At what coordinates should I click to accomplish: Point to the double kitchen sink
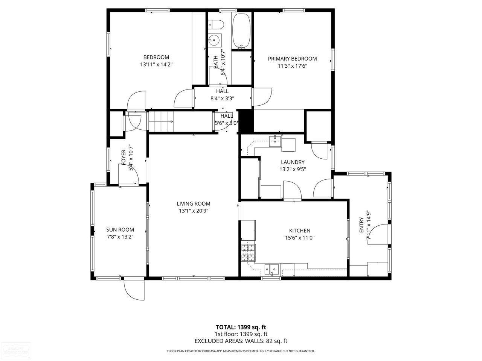[272, 268]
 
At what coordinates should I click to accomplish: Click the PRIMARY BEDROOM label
[292, 59]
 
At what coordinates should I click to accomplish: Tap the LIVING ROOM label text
[194, 204]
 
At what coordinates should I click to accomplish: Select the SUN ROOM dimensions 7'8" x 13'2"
[120, 237]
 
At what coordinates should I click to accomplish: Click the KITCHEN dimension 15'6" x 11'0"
[299, 238]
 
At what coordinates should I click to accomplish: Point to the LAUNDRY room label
[293, 162]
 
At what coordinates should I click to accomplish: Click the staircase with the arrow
[161, 121]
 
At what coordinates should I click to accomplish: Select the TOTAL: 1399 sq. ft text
[241, 327]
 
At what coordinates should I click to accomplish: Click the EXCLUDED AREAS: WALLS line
[241, 341]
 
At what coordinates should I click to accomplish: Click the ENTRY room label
[361, 225]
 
